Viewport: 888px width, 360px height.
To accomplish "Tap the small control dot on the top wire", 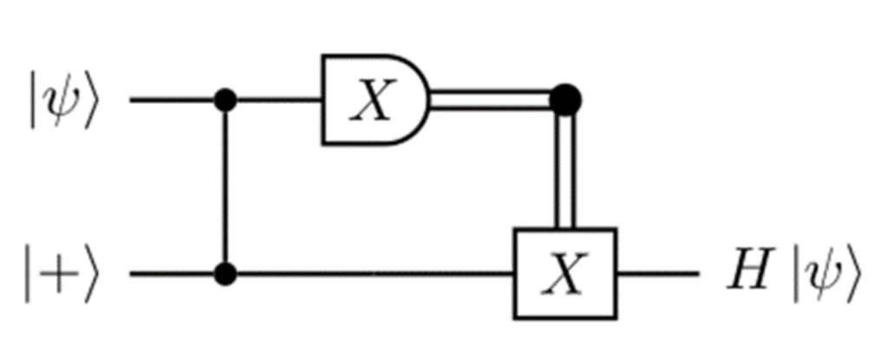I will pos(226,101).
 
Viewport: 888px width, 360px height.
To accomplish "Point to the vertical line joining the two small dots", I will pos(226,187).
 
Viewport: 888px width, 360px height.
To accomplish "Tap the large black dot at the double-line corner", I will pos(565,101).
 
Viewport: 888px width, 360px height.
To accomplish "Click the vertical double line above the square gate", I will pos(565,169).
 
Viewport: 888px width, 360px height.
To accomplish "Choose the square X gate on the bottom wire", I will pos(565,274).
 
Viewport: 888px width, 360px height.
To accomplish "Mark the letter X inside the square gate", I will pos(565,275).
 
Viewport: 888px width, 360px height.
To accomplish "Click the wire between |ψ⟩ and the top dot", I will pos(173,101).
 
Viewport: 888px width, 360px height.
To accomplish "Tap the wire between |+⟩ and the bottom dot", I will pos(173,275).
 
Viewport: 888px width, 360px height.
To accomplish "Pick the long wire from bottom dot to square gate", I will pos(373,275).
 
